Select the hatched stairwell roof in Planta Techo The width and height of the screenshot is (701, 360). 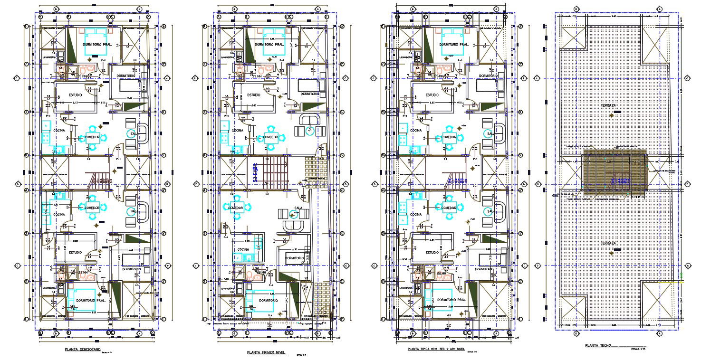tap(615, 173)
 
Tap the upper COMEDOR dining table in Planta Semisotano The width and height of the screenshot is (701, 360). tap(92, 137)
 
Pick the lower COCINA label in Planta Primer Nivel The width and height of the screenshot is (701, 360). tap(243, 249)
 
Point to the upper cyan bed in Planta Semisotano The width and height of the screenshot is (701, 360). tap(97, 37)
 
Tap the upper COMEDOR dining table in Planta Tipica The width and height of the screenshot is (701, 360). tap(449, 137)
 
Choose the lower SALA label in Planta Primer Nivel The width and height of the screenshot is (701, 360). tap(298, 208)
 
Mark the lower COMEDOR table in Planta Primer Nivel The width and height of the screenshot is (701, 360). tap(236, 208)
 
